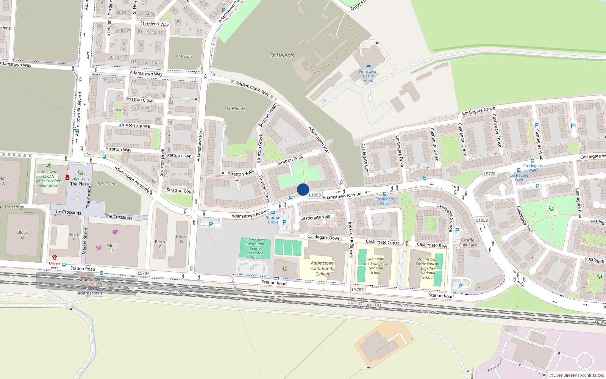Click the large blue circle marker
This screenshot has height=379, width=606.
point(303,189)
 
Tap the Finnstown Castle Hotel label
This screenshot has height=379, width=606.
point(368,76)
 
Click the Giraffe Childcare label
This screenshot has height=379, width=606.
point(468,243)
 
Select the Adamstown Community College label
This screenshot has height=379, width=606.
point(323,268)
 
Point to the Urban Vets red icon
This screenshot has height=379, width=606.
point(55,257)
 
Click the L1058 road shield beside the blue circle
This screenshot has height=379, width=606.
point(315,195)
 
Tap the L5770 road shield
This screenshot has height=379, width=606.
point(489,174)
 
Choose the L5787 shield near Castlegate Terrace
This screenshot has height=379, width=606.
point(358,290)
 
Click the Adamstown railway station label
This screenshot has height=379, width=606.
point(89,293)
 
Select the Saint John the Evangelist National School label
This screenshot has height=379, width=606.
point(376,266)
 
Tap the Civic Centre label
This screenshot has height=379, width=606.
point(106,184)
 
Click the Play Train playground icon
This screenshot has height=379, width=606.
point(80,173)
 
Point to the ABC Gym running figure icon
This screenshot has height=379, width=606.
point(49,166)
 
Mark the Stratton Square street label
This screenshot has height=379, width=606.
point(134,125)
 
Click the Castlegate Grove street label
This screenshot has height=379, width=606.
point(478,111)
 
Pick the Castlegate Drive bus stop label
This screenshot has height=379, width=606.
point(384,201)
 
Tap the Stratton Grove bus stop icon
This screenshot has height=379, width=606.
point(273,213)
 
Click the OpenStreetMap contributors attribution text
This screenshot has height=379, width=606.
point(578,376)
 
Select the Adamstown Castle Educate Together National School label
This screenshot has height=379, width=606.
point(428,268)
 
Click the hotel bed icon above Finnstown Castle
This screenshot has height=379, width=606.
point(369,66)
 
